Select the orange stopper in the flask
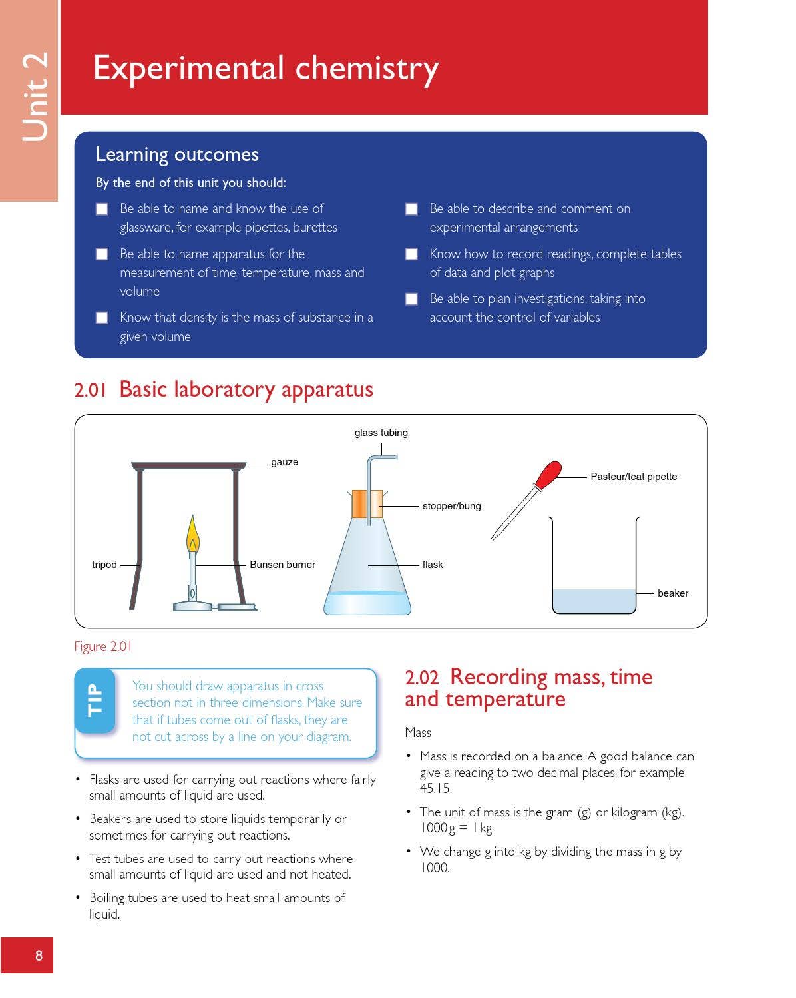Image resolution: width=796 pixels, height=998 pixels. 367,504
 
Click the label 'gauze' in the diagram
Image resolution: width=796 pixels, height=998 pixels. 284,462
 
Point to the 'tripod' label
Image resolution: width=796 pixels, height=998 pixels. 104,565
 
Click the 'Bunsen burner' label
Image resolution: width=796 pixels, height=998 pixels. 282,565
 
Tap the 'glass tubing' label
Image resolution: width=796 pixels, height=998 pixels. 381,433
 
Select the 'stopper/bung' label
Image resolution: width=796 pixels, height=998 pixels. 451,506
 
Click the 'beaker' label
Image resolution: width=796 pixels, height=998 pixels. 672,593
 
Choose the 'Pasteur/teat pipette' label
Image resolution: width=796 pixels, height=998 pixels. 633,477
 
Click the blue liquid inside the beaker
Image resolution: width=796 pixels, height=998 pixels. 594,601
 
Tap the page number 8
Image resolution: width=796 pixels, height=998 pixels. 39,956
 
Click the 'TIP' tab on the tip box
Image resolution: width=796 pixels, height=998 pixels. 95,700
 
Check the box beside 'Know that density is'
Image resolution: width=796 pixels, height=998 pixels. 102,318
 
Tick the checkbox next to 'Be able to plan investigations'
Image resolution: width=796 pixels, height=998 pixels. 411,299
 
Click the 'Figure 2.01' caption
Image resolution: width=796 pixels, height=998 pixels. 103,646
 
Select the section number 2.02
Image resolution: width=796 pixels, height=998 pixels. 421,678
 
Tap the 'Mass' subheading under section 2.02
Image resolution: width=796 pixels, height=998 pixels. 418,732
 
